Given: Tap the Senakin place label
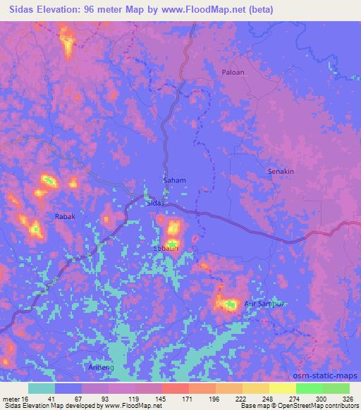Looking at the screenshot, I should pyautogui.click(x=280, y=171).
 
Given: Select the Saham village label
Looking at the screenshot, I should pyautogui.click(x=175, y=180).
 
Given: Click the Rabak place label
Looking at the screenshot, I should pyautogui.click(x=65, y=217).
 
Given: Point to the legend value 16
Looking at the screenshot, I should pyautogui.click(x=28, y=398).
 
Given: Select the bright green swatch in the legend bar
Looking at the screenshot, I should pyautogui.click(x=309, y=388).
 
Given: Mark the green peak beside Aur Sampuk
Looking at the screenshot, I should pyautogui.click(x=230, y=304).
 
